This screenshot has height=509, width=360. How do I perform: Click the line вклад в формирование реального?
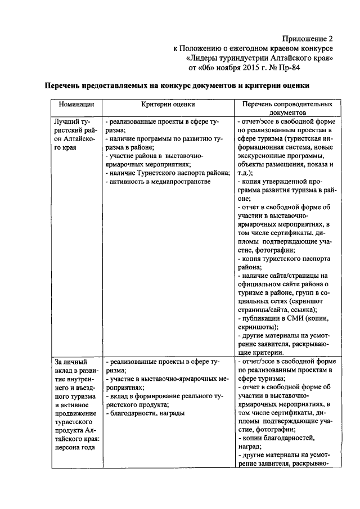(x=167, y=396)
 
